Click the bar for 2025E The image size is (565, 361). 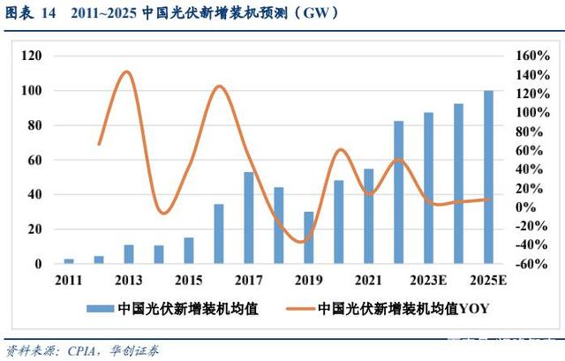coord(488,177)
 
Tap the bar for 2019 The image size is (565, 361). coord(308,237)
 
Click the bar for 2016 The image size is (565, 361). coord(219,234)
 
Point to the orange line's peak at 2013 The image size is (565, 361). coord(126,72)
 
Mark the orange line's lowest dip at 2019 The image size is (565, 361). coord(303,241)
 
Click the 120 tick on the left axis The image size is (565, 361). coord(32,56)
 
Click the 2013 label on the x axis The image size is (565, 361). coord(129,281)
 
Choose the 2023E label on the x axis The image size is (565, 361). coord(428,281)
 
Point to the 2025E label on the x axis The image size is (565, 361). coord(488,281)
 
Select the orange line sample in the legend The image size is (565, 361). coord(290,309)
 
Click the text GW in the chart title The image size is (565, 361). coord(328,14)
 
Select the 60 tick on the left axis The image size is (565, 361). coord(34,160)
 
